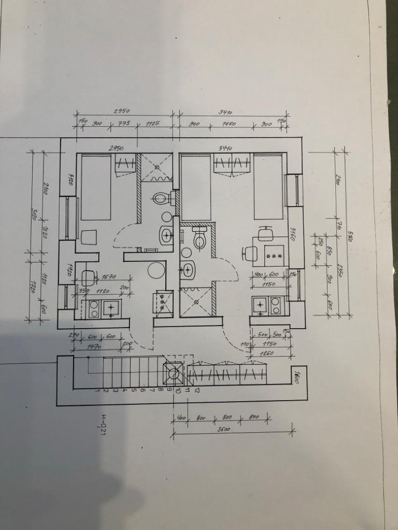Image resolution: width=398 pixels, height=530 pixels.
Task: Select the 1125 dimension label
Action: point(152,124)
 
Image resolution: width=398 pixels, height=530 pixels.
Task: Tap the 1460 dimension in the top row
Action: point(229,124)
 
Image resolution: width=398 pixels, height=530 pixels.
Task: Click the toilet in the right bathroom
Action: point(200,238)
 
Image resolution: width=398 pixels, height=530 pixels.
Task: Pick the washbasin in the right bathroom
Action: point(188,269)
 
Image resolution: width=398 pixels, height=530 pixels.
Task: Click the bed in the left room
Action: point(94,186)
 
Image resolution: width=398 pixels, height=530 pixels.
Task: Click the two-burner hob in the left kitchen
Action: point(94,308)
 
